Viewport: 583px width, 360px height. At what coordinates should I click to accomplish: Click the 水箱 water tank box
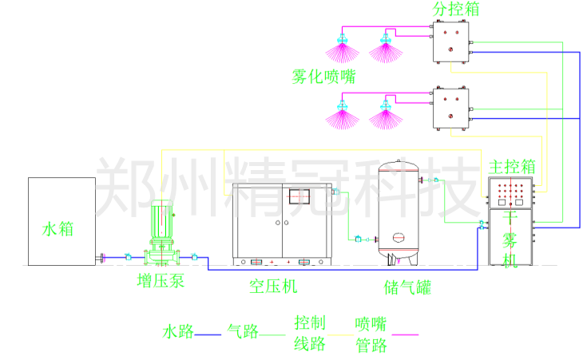point(61,221)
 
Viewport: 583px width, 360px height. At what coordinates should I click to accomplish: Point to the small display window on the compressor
point(298,196)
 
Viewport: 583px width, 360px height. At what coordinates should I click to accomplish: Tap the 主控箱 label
point(512,168)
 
